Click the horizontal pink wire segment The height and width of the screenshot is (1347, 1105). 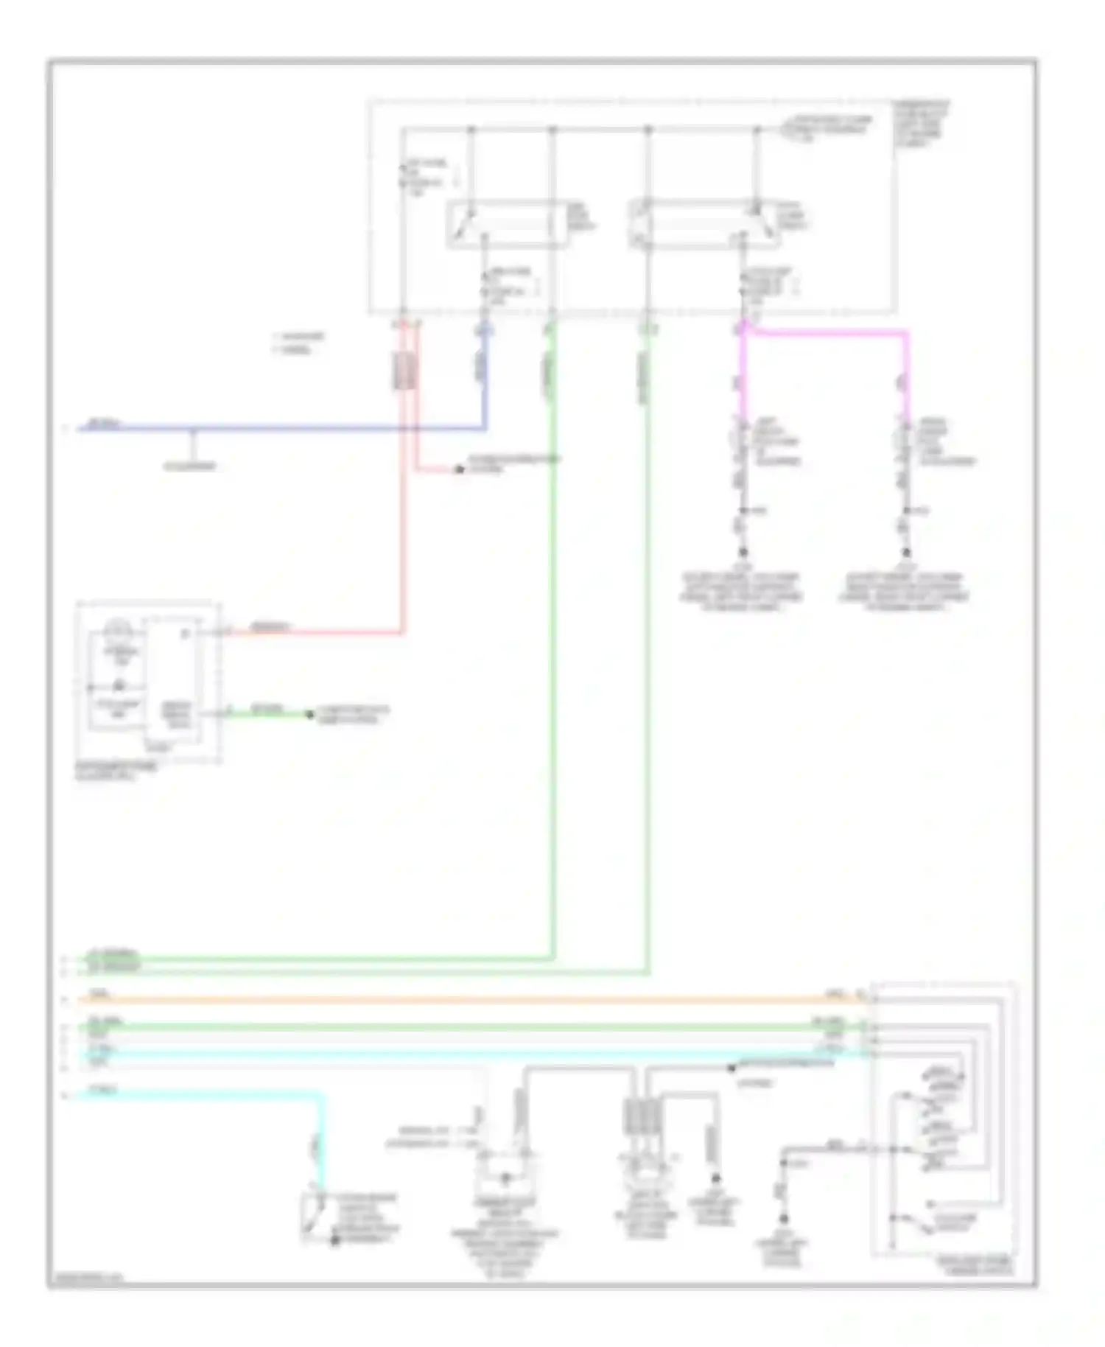[x=825, y=333]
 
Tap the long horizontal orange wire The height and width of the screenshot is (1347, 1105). [x=457, y=1000]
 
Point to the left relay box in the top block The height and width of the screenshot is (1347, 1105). [x=507, y=224]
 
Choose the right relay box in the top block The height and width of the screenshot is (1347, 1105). [x=704, y=224]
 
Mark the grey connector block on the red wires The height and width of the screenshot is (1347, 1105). [x=404, y=371]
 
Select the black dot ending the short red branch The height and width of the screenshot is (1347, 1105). [x=459, y=469]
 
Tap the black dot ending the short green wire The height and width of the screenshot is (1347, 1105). [x=311, y=714]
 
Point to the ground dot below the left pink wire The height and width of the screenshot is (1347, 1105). [x=743, y=552]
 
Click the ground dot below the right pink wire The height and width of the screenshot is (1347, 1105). [x=907, y=552]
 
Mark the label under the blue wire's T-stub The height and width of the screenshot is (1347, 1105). [x=190, y=466]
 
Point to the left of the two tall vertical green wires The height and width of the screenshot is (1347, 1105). [x=552, y=626]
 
